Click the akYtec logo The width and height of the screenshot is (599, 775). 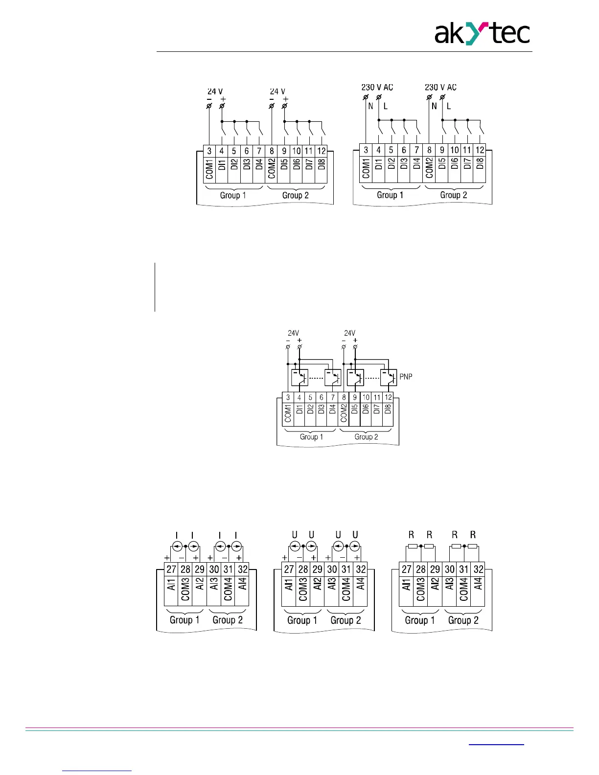click(x=482, y=34)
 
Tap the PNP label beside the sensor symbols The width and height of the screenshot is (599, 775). click(x=406, y=377)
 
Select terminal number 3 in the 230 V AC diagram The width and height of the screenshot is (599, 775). click(x=366, y=150)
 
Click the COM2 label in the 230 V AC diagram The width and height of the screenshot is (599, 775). click(x=429, y=168)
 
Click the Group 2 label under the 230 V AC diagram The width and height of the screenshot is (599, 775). click(x=454, y=195)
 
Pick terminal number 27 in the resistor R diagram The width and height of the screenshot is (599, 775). click(x=407, y=570)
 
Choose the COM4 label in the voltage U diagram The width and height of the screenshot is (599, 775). click(x=346, y=590)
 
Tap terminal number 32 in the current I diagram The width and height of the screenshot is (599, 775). click(x=242, y=570)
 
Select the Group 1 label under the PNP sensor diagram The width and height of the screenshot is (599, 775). click(x=311, y=436)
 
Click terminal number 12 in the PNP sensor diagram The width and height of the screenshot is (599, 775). click(x=388, y=397)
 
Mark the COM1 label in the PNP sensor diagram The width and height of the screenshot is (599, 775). click(x=288, y=413)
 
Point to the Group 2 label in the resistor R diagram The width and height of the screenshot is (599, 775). click(x=463, y=620)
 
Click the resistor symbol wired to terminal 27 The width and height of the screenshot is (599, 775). click(x=413, y=547)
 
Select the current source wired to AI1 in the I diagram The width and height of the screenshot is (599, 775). click(x=177, y=546)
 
